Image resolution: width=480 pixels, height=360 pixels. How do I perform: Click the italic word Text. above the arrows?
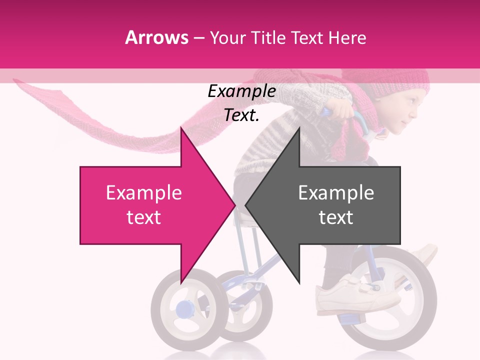click(x=241, y=115)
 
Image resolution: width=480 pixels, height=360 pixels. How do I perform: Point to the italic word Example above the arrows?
click(x=241, y=91)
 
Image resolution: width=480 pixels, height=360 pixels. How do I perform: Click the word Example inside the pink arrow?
click(x=143, y=192)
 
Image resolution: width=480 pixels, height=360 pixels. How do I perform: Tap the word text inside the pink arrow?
click(x=143, y=217)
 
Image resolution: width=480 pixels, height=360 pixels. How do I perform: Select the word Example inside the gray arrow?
click(x=336, y=192)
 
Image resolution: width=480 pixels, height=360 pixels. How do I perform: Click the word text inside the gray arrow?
click(x=336, y=217)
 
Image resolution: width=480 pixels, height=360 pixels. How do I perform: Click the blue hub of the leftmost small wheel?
click(x=183, y=308)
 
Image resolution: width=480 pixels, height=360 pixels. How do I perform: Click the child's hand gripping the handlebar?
click(x=340, y=108)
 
